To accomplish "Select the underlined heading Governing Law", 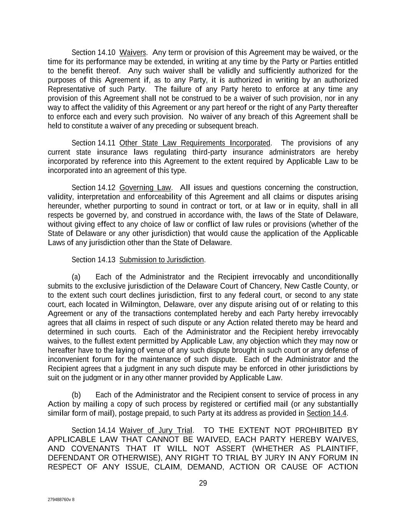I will [145, 188].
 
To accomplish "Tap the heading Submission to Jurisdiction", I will [162, 260].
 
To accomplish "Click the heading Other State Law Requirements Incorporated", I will [195, 143].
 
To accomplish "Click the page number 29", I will [203, 483].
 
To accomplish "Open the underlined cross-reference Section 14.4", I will [327, 413].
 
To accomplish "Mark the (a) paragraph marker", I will [76, 277].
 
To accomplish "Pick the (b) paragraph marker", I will [76, 395].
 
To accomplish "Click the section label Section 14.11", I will [94, 143].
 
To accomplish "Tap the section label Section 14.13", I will [94, 260].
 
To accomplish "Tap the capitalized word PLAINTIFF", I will [337, 449].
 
